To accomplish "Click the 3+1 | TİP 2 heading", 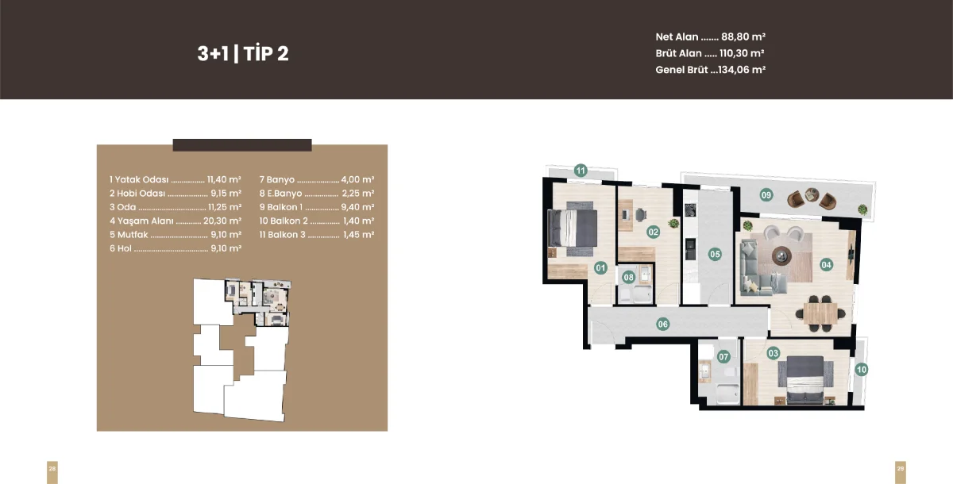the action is point(243,53).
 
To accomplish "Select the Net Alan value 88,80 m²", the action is point(743,37).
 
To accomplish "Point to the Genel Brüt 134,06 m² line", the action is point(711,70).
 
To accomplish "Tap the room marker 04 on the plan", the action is point(826,265).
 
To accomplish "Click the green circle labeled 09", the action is point(766,195).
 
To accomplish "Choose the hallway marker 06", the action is point(663,325).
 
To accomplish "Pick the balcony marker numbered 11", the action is point(581,171).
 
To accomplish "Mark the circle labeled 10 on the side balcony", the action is point(862,370).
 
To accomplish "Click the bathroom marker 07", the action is point(723,356).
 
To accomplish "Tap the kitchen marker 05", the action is point(715,255).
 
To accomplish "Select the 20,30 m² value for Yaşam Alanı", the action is point(222,221).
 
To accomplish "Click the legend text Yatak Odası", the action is point(141,180).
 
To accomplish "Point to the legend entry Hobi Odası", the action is point(141,194).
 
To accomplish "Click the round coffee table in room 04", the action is point(781,255).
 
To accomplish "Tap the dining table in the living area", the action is point(820,313).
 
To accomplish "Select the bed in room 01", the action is point(573,228).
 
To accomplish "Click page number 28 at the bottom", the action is point(52,469).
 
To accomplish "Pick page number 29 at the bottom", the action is point(901,469).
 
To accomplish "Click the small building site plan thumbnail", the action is point(242,350).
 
